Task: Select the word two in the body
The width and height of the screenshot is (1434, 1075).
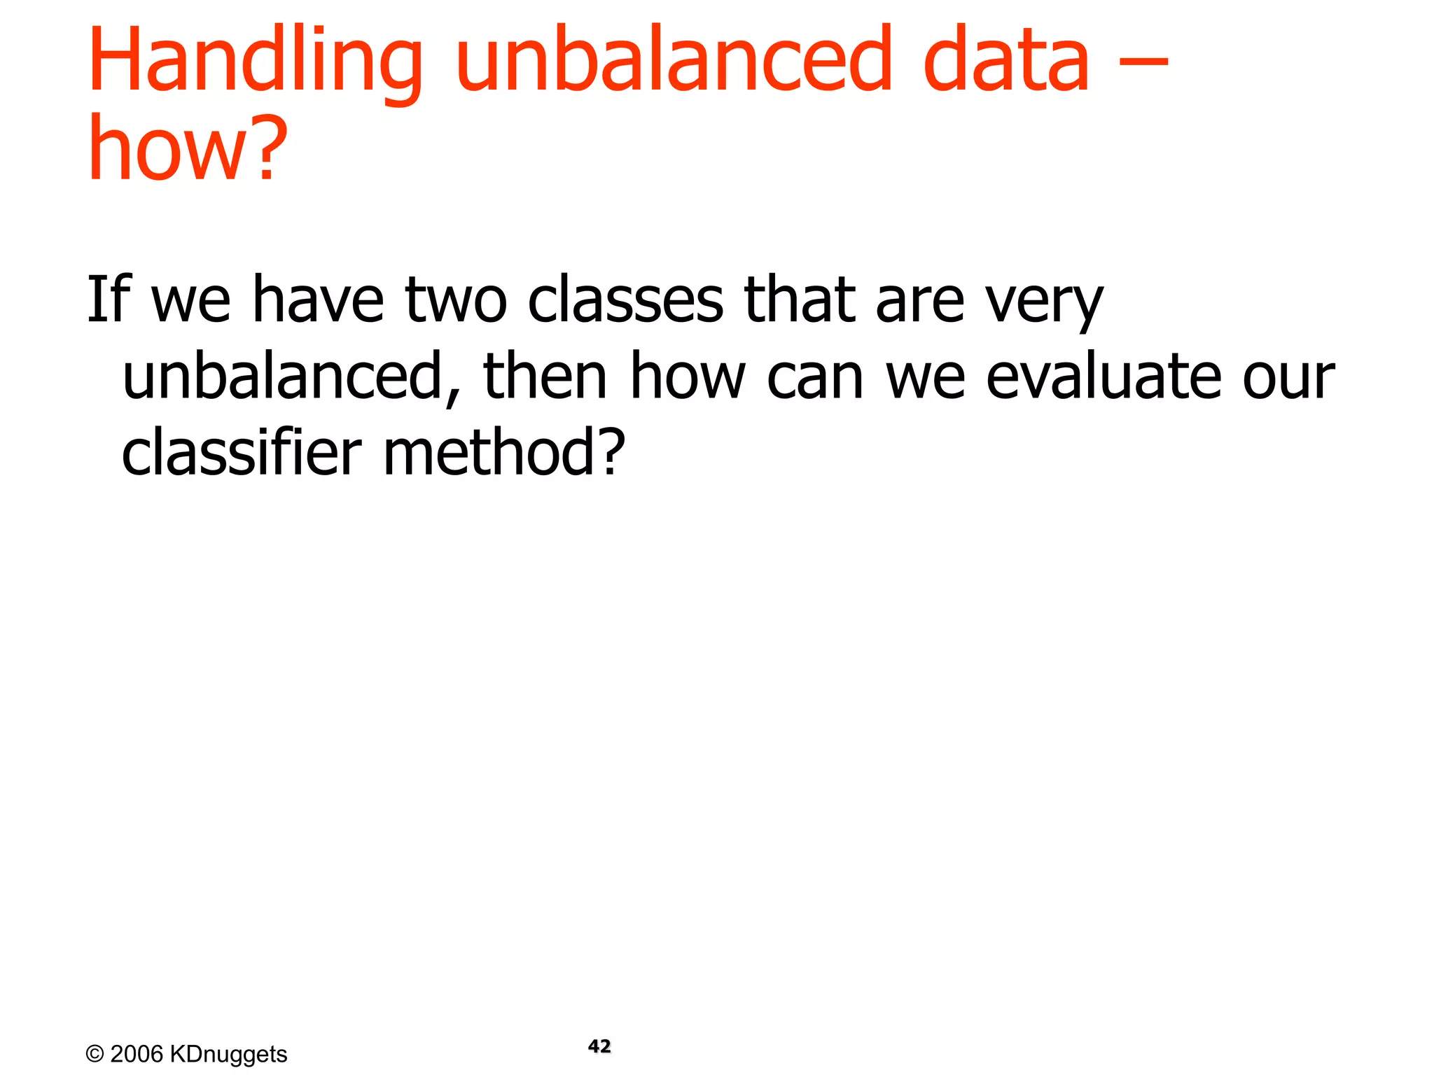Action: coord(456,301)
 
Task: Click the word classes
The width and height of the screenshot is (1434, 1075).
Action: coord(625,301)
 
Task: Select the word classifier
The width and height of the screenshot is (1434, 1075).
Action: coord(242,453)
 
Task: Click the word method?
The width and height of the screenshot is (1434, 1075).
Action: coord(504,453)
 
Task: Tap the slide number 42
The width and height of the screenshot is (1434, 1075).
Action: coord(599,1046)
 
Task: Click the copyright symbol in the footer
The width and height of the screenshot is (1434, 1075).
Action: coord(95,1054)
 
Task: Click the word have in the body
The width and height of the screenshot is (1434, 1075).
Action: coord(318,301)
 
